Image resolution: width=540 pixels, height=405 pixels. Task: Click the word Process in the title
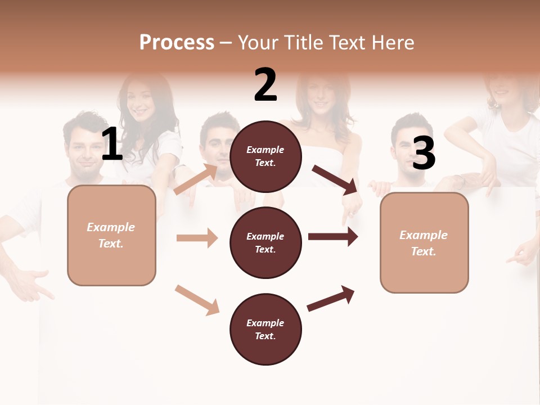(x=177, y=43)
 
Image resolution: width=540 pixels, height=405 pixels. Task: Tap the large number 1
(x=112, y=144)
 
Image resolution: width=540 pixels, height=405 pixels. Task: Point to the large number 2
(x=265, y=85)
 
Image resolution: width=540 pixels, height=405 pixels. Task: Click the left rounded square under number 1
(x=111, y=235)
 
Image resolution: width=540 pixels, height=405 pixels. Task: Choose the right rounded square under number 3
(x=424, y=243)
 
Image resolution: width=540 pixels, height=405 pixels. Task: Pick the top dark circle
(x=265, y=156)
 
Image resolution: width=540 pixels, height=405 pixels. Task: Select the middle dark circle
(x=265, y=243)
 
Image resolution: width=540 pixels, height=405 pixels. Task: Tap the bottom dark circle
(x=265, y=330)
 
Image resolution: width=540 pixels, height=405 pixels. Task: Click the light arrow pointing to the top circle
(x=197, y=179)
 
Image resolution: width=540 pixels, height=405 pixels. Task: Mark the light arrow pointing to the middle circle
(x=197, y=238)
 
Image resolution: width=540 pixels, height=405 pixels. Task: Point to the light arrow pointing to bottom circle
(x=197, y=300)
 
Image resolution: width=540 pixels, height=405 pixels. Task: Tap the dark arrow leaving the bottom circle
(x=331, y=298)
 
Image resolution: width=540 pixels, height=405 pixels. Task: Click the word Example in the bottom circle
(x=265, y=323)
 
